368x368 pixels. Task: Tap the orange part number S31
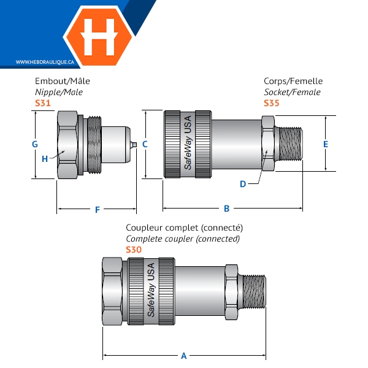42,103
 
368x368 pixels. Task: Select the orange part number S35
271,103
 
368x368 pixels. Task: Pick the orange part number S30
133,250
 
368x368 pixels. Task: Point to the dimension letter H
45,159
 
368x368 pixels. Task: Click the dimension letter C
145,144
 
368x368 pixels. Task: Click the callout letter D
243,183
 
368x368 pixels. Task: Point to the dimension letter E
326,144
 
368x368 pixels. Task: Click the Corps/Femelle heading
293,81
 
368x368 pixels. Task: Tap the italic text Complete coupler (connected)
183,239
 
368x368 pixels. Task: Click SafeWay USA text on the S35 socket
189,143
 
